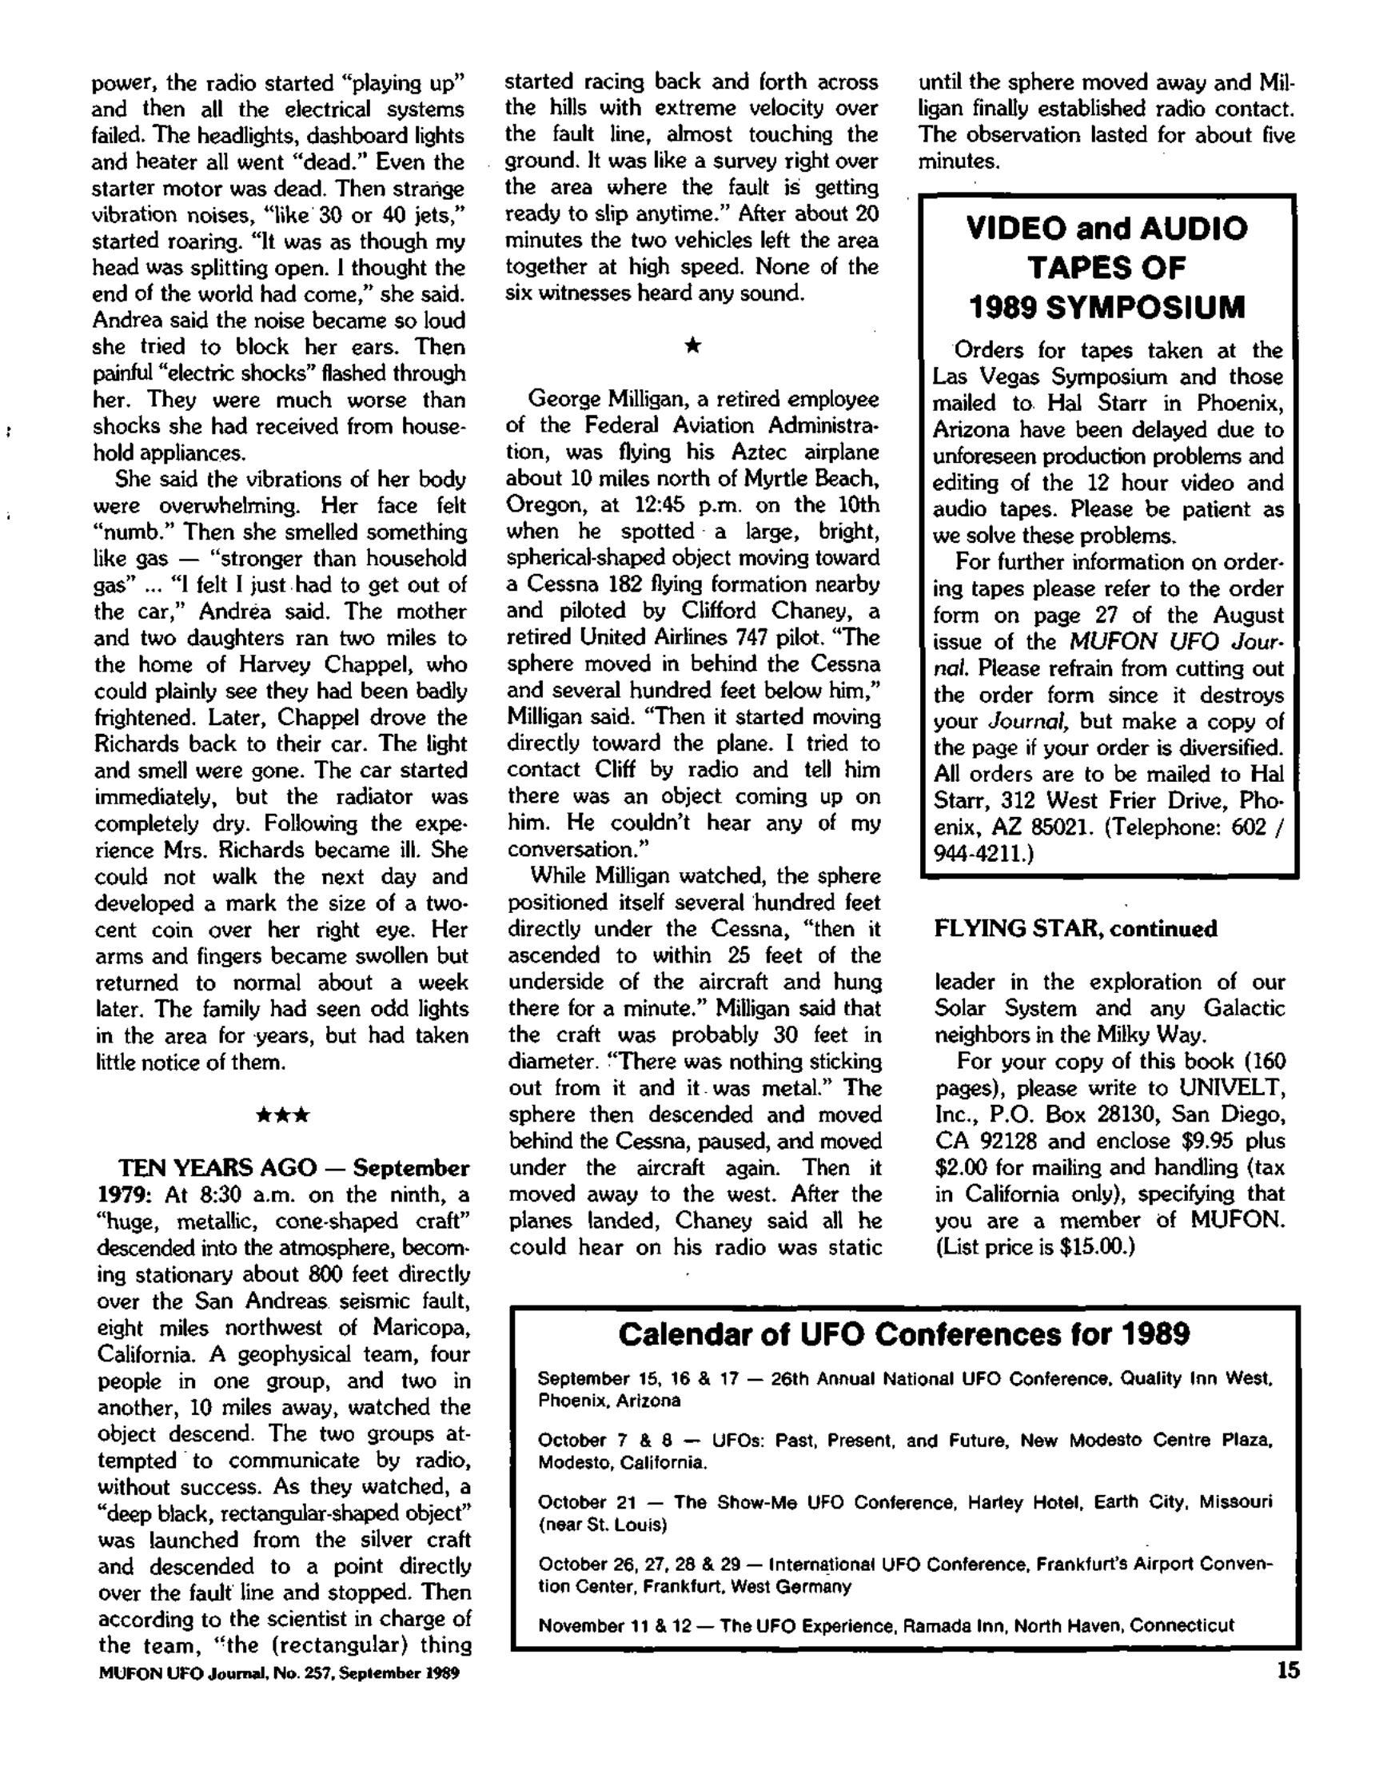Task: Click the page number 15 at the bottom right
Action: [1287, 1671]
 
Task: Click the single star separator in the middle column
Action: [693, 347]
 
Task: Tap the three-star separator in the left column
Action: [282, 1116]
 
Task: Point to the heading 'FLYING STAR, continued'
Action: [1075, 929]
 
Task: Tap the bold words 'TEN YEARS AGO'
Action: [217, 1168]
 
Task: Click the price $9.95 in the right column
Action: [1209, 1141]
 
